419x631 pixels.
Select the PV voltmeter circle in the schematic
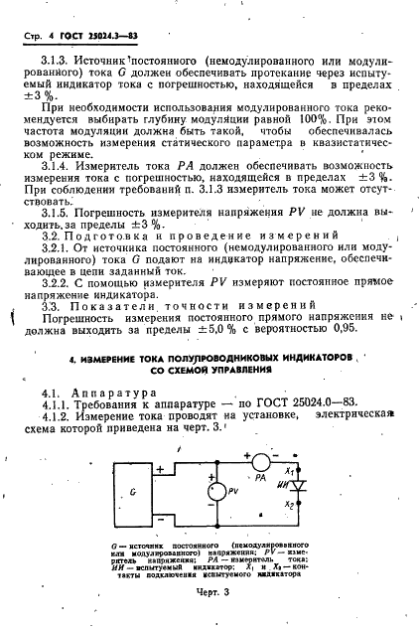[x=212, y=489]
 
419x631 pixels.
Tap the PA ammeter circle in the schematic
[x=261, y=462]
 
